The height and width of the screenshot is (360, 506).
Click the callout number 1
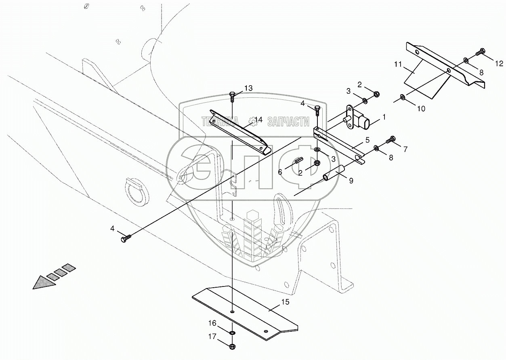coord(384,117)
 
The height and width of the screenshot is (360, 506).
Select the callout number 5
coord(367,140)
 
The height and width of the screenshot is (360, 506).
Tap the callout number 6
coord(280,172)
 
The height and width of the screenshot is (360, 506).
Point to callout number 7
coord(405,149)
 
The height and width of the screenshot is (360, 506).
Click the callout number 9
coord(351,181)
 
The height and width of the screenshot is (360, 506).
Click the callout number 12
coord(499,63)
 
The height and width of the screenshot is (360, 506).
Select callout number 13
coord(248,88)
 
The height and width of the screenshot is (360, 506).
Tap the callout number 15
coord(285,302)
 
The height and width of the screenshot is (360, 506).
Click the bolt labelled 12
coord(480,52)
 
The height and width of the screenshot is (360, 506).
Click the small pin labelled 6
coord(299,160)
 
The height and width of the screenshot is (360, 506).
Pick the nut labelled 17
coord(232,346)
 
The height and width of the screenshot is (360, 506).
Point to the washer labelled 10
coord(403,97)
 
